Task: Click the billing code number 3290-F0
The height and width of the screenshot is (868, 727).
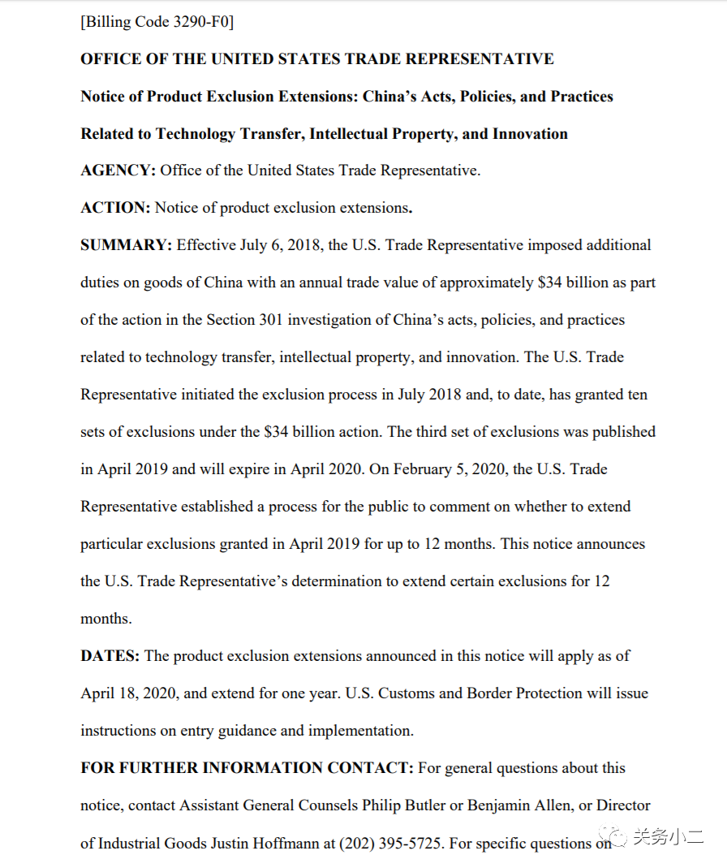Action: click(x=202, y=22)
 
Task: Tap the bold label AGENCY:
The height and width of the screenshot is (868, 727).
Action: click(x=118, y=171)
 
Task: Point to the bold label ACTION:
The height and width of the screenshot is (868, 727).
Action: click(x=115, y=208)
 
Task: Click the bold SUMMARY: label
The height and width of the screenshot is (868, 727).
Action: click(x=126, y=245)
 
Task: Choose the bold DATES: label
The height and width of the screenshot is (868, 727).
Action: click(x=110, y=656)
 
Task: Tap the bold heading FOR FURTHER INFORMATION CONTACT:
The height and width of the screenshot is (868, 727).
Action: click(x=247, y=768)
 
